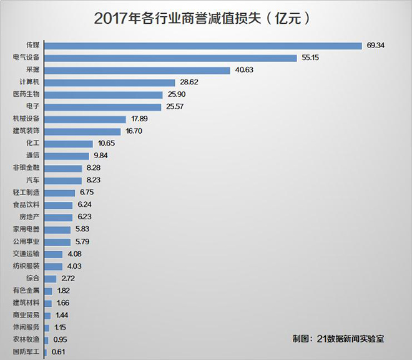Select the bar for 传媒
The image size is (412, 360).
tap(203, 46)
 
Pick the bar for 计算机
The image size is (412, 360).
tap(110, 82)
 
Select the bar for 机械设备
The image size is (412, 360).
tap(86, 119)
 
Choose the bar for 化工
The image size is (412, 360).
tap(69, 144)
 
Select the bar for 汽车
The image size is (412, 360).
tap(63, 181)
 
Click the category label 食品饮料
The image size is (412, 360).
tap(26, 205)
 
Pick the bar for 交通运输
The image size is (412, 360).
tap(54, 254)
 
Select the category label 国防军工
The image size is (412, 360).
tap(26, 352)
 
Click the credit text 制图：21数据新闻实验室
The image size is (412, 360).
tap(338, 339)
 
